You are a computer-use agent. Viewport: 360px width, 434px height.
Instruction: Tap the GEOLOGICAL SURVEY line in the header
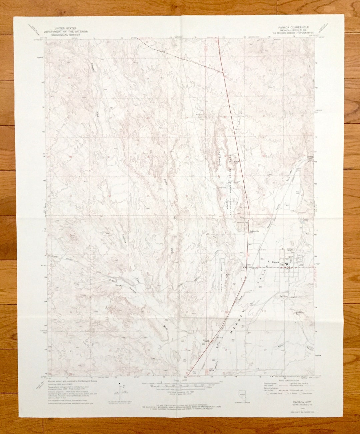point(67,34)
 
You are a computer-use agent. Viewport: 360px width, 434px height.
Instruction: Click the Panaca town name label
point(275,262)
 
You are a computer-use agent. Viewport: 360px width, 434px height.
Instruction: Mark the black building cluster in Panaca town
point(287,265)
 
